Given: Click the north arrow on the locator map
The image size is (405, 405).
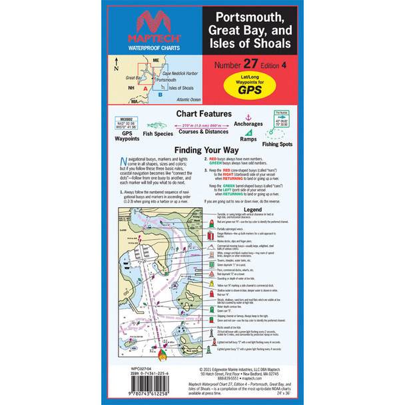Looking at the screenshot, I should point(117,65).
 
